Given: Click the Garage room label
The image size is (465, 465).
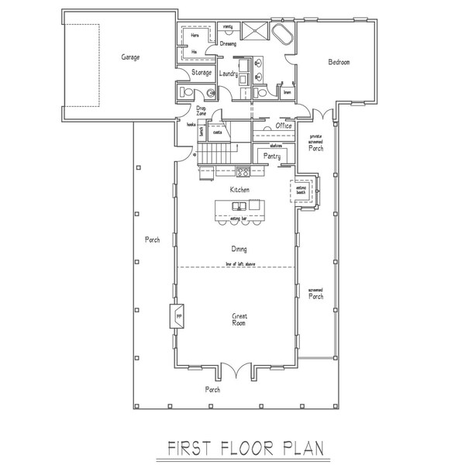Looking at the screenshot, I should [x=129, y=57].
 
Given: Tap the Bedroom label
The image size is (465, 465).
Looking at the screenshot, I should [x=339, y=62].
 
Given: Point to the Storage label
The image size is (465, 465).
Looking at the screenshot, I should [x=202, y=73].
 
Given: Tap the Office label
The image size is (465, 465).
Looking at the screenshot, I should [x=283, y=126].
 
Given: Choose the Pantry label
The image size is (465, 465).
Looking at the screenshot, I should [x=271, y=156].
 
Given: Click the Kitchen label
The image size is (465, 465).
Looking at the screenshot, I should [x=238, y=188].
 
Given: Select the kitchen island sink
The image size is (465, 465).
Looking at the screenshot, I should [x=240, y=206].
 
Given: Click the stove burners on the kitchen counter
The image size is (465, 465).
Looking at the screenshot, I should [x=242, y=171].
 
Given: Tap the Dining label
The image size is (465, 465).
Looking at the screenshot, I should [x=239, y=249].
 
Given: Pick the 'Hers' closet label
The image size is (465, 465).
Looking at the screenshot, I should [x=195, y=36].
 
